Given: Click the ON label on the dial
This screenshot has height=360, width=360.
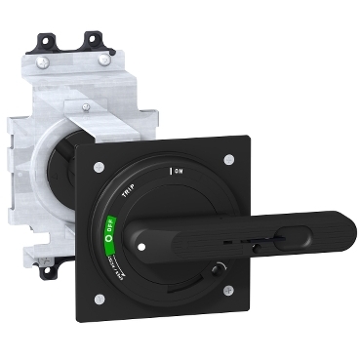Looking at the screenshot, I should click(x=180, y=172).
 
